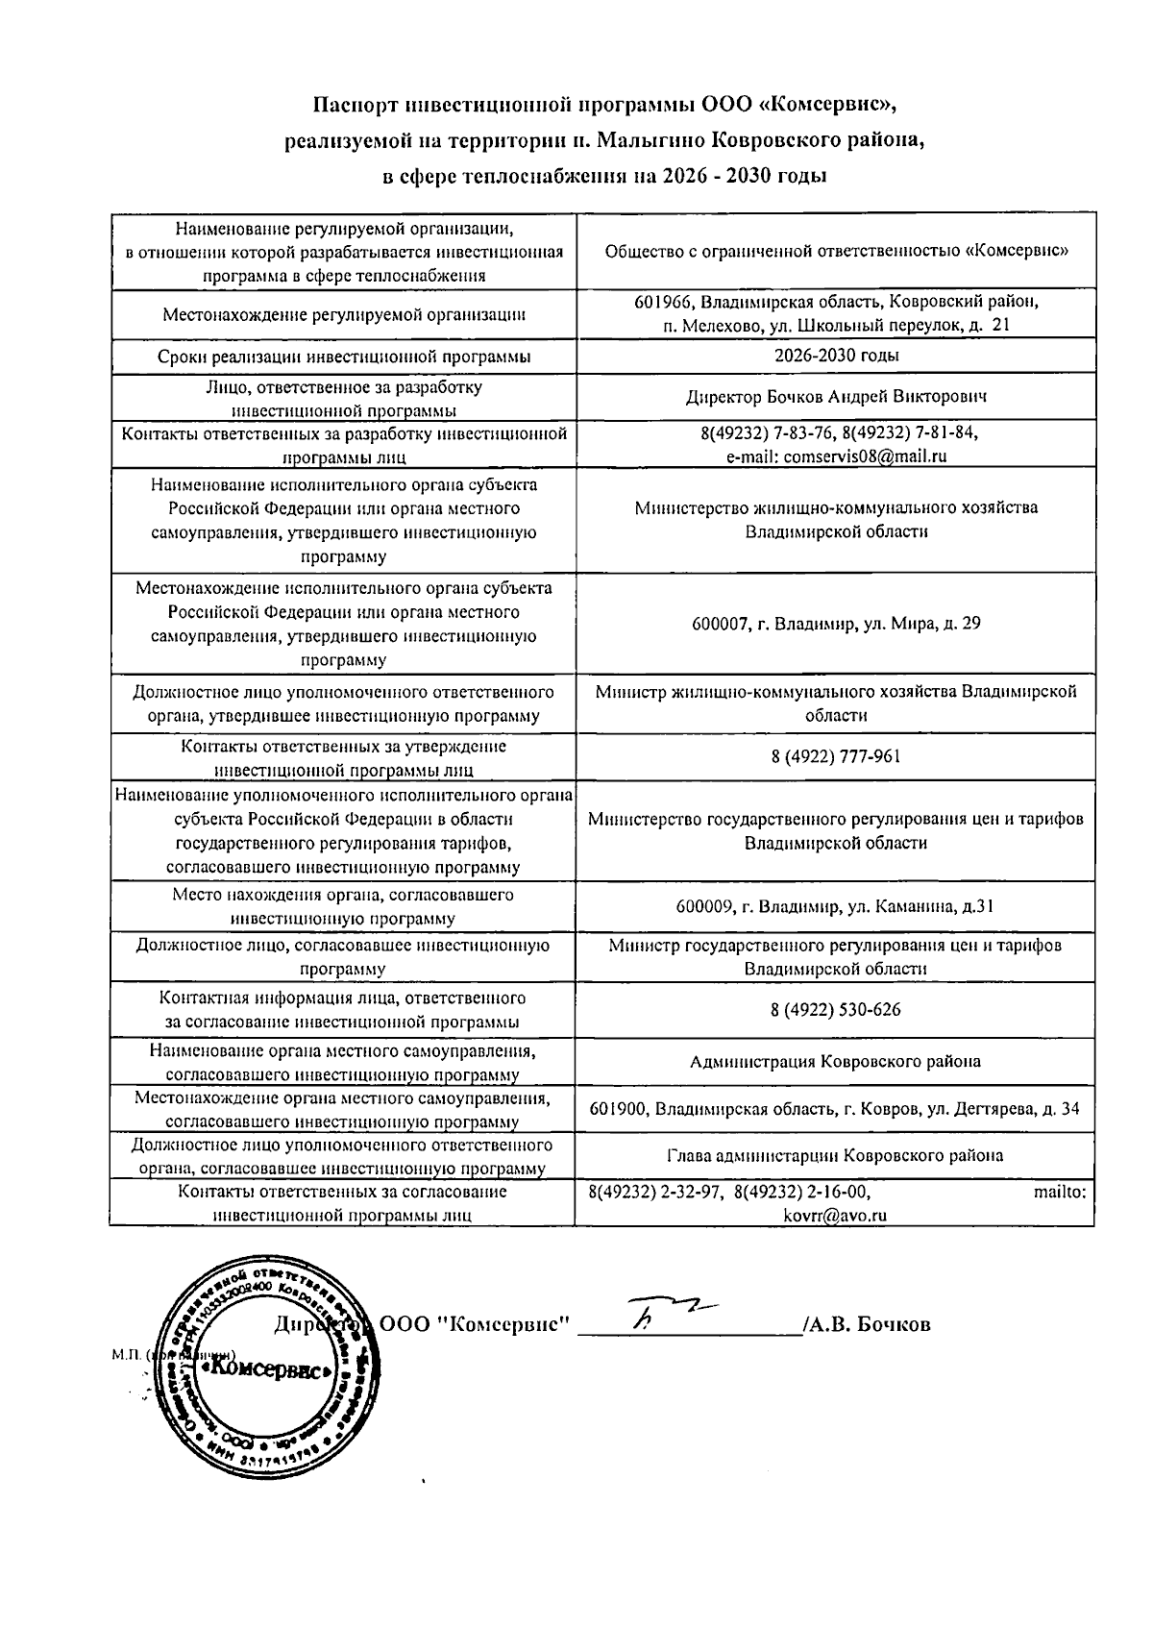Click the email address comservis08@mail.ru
coord(865,456)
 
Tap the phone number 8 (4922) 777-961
coord(835,756)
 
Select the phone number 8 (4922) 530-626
coord(835,1010)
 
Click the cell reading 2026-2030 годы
coord(836,356)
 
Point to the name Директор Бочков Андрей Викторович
coord(835,396)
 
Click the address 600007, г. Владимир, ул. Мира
coord(835,624)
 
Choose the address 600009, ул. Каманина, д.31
coord(835,906)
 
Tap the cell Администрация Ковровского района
coord(835,1062)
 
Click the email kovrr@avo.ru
coord(835,1215)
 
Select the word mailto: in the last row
coord(1060,1192)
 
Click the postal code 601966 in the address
coord(662,302)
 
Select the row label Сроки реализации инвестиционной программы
coord(343,357)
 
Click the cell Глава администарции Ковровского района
coord(835,1155)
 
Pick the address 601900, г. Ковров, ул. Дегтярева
coord(835,1109)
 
